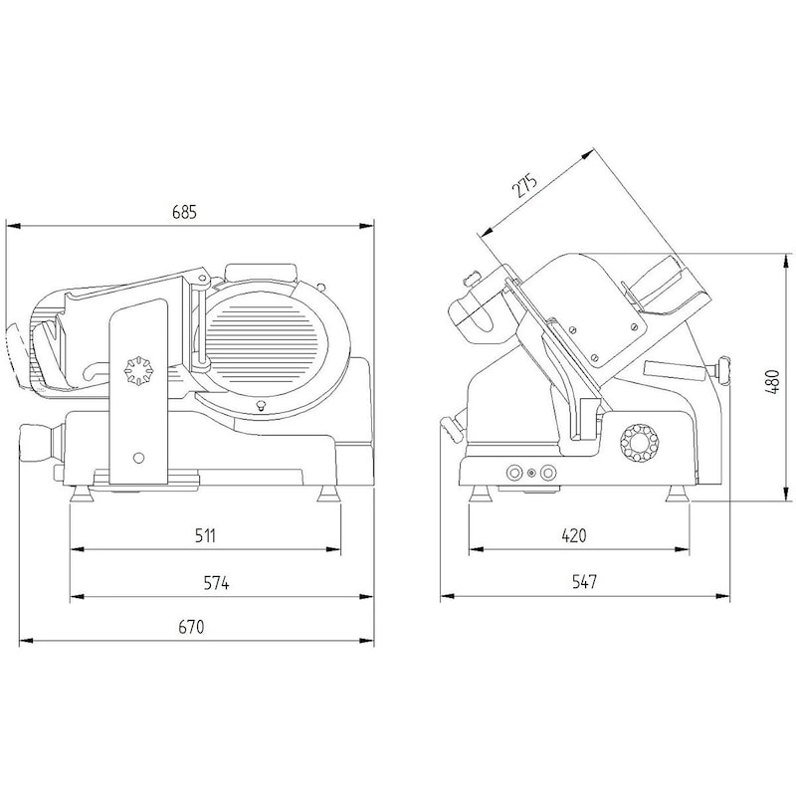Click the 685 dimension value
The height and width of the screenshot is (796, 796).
[184, 211]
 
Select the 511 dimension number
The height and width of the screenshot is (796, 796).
[206, 535]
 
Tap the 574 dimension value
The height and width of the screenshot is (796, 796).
[216, 583]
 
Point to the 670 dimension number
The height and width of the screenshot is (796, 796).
[191, 627]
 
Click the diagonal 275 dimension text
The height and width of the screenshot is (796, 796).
[524, 185]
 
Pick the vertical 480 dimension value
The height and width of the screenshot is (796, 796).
[772, 382]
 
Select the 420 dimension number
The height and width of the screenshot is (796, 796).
[574, 535]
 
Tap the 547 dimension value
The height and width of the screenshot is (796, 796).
[584, 582]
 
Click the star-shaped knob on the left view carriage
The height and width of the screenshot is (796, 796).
[139, 371]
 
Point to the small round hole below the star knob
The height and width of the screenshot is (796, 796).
[138, 458]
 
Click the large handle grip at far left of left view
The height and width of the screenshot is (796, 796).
[35, 442]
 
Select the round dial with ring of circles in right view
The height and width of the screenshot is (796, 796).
[639, 442]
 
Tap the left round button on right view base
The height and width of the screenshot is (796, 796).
[514, 474]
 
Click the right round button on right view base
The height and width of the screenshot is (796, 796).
[548, 474]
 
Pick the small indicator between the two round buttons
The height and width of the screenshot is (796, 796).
[531, 474]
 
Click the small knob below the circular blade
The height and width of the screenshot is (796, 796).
[262, 406]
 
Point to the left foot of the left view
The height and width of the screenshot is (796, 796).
[82, 494]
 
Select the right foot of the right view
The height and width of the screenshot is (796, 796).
[678, 494]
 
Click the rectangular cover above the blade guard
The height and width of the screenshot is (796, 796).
[260, 272]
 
